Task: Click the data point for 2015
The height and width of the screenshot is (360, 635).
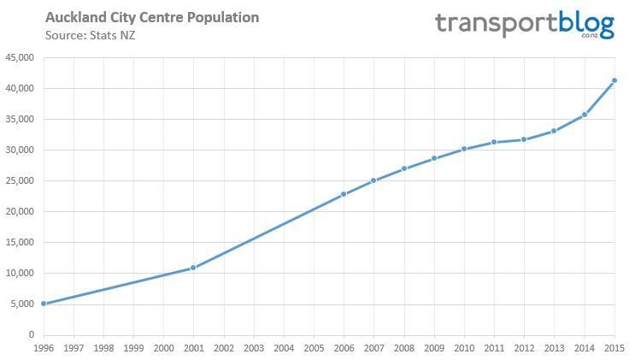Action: coord(614,80)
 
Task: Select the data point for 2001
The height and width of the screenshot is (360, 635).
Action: coord(193,268)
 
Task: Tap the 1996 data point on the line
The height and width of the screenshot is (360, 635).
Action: coord(44,304)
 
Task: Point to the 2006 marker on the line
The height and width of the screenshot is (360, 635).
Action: coord(344,194)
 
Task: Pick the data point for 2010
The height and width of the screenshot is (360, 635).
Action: coord(464,149)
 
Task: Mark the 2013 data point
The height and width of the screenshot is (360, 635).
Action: coord(554,131)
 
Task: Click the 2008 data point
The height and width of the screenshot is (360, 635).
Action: coord(404,168)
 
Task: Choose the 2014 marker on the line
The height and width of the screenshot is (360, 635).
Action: coord(585,115)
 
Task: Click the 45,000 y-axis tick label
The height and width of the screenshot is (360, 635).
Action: coord(20,58)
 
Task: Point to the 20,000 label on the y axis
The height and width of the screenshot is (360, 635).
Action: coord(20,212)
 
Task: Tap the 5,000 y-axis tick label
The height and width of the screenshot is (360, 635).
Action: coord(22,304)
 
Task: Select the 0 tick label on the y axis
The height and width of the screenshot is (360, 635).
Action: coord(31,335)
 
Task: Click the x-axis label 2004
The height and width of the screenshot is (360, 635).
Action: coord(284,349)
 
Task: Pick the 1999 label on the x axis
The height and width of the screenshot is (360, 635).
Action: coord(133,349)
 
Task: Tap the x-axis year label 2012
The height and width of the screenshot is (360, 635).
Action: coord(524,349)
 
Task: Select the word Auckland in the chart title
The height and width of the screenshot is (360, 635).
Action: coord(75,18)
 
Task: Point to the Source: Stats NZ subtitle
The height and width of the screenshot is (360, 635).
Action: coord(90,35)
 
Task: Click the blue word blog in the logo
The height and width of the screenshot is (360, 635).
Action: coord(586,23)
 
